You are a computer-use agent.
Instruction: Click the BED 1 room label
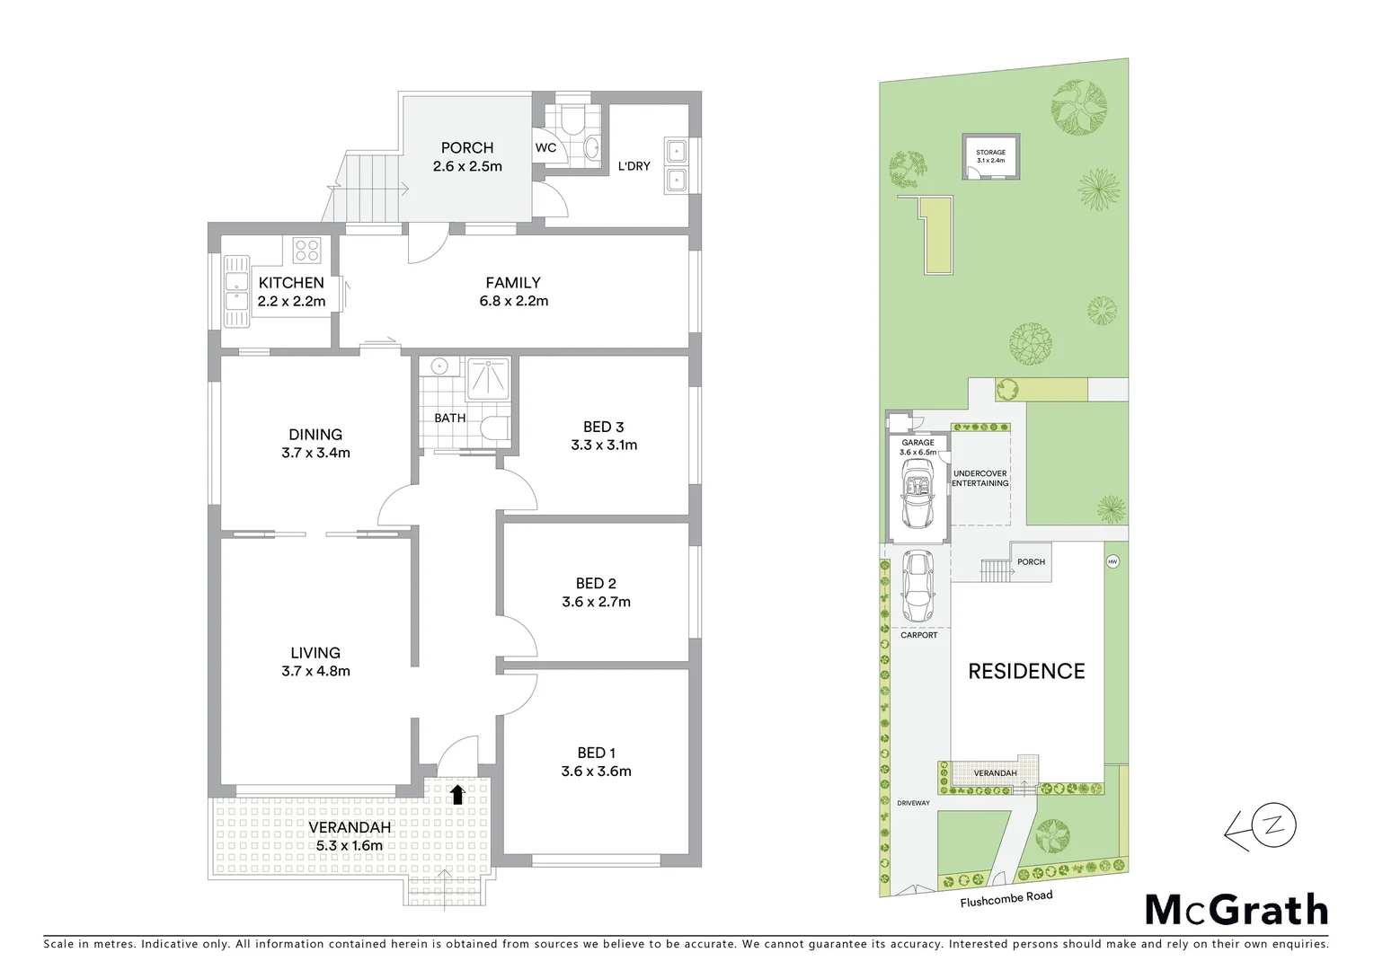point(596,753)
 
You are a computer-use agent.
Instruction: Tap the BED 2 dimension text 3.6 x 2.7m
point(596,602)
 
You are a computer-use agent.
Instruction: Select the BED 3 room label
point(603,427)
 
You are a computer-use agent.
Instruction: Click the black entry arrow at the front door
point(457,793)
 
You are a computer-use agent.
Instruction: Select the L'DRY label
point(634,166)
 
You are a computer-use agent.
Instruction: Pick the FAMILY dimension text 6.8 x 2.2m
point(513,301)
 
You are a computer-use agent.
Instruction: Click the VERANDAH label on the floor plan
point(350,827)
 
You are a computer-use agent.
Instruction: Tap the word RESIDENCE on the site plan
point(1026,671)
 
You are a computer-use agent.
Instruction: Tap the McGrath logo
point(1236,910)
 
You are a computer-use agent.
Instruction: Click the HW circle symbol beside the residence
point(1112,562)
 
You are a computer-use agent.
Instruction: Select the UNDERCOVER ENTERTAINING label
point(980,478)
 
